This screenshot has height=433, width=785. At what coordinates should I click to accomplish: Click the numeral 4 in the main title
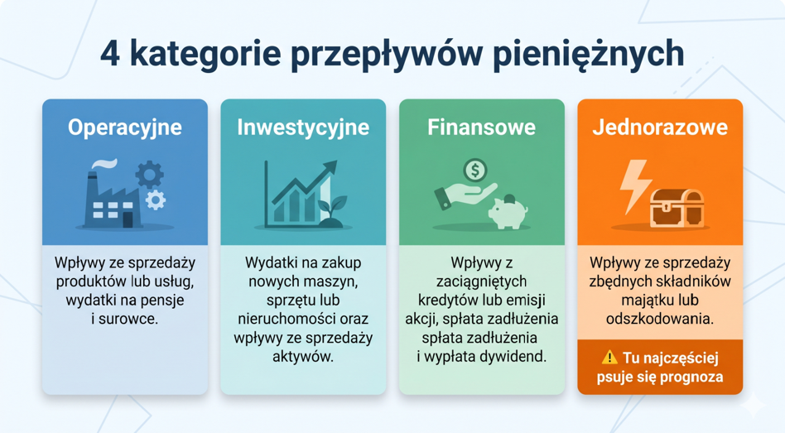110,54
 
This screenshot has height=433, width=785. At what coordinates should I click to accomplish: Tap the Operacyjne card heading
125,127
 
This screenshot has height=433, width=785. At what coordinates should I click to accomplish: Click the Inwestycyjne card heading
303,127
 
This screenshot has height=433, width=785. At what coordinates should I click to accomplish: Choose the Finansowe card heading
482,127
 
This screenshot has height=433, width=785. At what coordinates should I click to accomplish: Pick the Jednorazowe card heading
660,127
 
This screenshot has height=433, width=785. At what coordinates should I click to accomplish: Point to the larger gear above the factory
149,176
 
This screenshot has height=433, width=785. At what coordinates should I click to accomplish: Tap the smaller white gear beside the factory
155,200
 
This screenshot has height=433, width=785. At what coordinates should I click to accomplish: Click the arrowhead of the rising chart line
330,168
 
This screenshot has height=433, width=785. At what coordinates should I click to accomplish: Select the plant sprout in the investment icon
332,211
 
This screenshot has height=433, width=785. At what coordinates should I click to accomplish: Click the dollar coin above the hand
474,171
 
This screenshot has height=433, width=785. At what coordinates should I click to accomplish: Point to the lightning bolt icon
635,186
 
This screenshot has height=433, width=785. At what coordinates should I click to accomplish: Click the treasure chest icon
677,208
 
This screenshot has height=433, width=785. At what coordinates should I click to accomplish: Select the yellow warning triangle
609,358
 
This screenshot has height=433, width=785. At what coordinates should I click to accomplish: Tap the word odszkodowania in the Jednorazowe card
660,319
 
